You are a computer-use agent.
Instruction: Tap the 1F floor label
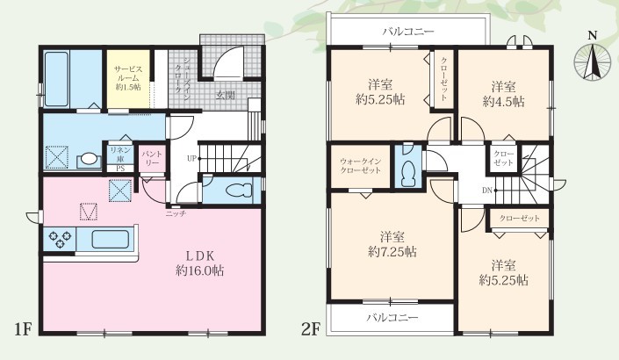tap(23, 328)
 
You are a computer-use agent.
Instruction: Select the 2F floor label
tap(310, 328)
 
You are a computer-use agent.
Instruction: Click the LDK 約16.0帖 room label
tap(200, 263)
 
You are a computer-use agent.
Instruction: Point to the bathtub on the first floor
tap(56, 79)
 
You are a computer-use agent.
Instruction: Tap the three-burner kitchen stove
tap(60, 239)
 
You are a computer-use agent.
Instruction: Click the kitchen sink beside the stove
tap(110, 239)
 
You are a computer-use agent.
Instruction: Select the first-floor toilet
tap(239, 191)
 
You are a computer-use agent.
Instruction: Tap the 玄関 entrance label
tap(225, 95)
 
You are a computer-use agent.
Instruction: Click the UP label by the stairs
tap(192, 159)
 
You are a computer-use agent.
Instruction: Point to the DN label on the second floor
tap(486, 191)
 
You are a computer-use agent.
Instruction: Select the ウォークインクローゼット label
tap(360, 166)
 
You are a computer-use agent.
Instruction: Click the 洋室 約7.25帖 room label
tap(392, 244)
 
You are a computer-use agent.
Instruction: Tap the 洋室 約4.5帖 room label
tap(503, 94)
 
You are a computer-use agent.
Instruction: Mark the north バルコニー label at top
tap(407, 32)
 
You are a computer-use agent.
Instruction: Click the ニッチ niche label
tap(176, 213)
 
